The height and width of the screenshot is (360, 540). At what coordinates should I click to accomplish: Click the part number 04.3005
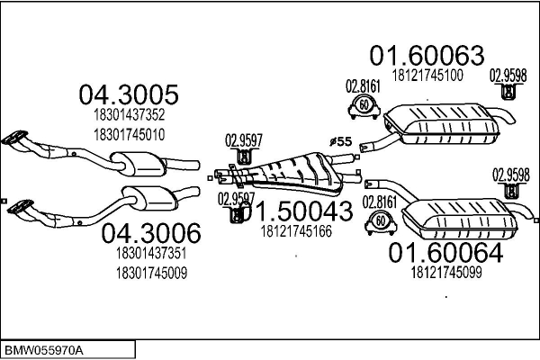pyautogui.click(x=128, y=94)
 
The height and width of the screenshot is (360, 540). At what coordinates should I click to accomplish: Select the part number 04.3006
pyautogui.click(x=148, y=233)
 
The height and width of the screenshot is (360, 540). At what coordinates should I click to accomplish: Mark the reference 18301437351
pyautogui.click(x=150, y=254)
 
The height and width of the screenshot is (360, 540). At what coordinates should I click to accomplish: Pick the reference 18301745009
pyautogui.click(x=150, y=273)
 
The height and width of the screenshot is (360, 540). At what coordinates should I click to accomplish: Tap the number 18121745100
pyautogui.click(x=427, y=76)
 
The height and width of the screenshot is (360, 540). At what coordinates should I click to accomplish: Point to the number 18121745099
pyautogui.click(x=446, y=272)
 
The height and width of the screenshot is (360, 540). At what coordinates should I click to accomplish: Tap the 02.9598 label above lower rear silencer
pyautogui.click(x=510, y=175)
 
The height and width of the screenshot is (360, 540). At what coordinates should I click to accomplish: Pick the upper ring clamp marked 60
pyautogui.click(x=361, y=107)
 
